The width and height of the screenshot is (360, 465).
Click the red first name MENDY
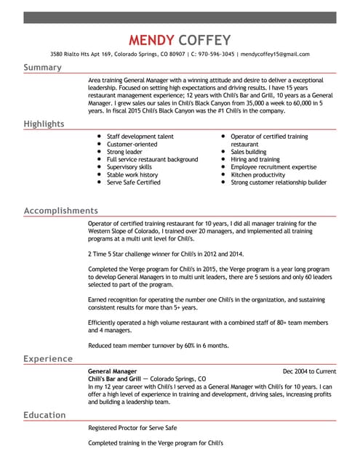(x=149, y=39)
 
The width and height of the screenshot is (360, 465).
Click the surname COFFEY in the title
(x=205, y=39)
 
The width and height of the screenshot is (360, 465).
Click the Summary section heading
(x=42, y=68)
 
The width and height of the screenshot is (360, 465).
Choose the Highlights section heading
(x=44, y=124)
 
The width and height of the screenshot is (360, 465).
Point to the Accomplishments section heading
(x=61, y=211)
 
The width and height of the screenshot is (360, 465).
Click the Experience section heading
(x=48, y=359)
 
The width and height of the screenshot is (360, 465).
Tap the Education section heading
(x=45, y=415)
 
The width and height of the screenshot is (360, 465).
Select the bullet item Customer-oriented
(x=132, y=144)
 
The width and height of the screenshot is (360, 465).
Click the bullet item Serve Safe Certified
(x=134, y=182)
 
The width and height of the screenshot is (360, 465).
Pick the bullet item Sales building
(x=249, y=152)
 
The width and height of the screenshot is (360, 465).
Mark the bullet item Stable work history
(x=132, y=175)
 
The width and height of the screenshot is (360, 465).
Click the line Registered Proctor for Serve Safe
(x=132, y=428)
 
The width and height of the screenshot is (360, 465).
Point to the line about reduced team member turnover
(x=159, y=345)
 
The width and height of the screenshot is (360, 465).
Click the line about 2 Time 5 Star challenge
(x=166, y=254)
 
